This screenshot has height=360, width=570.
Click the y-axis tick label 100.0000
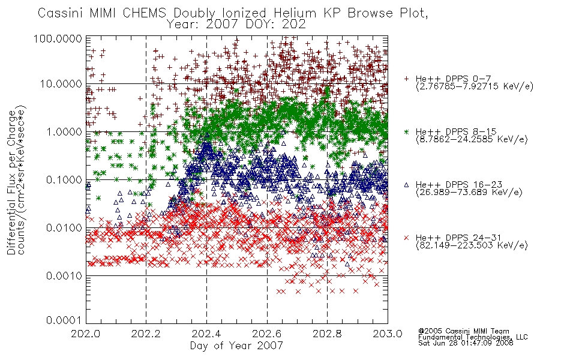tap(58, 38)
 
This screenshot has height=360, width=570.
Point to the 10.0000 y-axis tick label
tap(61, 84)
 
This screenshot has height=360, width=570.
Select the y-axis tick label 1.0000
tap(64, 131)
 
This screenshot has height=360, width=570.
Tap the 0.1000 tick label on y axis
tap(64, 179)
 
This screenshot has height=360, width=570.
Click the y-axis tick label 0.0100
tap(64, 227)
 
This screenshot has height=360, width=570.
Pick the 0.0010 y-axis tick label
tap(64, 275)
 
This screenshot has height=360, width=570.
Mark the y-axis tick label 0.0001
tap(64, 320)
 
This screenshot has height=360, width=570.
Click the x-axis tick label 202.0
tap(86, 334)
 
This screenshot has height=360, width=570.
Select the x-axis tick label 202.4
tap(206, 334)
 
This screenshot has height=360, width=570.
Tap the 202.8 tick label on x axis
tap(327, 334)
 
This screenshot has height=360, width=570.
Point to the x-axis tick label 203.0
tap(388, 334)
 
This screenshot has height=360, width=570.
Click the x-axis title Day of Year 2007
tap(236, 346)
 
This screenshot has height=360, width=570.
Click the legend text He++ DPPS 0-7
tap(454, 79)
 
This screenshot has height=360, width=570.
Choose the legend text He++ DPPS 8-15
tap(456, 131)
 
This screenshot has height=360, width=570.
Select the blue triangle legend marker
tap(406, 185)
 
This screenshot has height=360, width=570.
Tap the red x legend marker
tap(406, 238)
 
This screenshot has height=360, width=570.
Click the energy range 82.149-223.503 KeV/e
tap(472, 245)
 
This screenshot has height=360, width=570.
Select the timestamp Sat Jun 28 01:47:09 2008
tap(466, 343)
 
